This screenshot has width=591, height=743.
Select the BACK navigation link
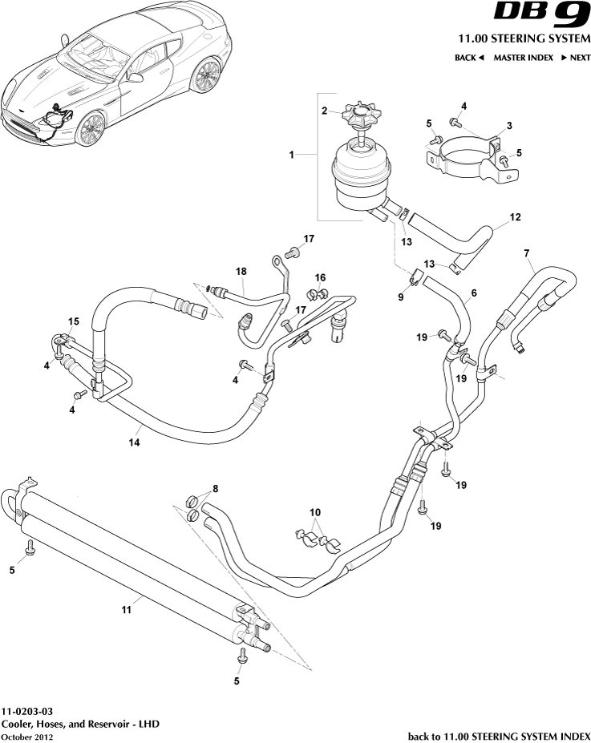pyautogui.click(x=469, y=58)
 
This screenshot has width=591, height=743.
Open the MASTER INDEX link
pyautogui.click(x=523, y=58)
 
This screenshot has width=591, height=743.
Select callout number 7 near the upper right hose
pyautogui.click(x=526, y=254)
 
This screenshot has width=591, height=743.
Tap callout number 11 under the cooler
pyautogui.click(x=126, y=610)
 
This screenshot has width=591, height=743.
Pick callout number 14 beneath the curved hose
pyautogui.click(x=135, y=442)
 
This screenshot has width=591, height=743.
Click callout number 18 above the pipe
pyautogui.click(x=241, y=272)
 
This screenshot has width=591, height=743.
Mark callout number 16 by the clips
pyautogui.click(x=320, y=277)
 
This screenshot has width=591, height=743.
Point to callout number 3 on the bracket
pyautogui.click(x=508, y=126)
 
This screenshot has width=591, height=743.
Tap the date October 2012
pyautogui.click(x=27, y=737)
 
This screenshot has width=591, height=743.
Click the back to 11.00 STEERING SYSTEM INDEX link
pyautogui.click(x=499, y=736)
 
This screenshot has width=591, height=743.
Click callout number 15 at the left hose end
pyautogui.click(x=73, y=321)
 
